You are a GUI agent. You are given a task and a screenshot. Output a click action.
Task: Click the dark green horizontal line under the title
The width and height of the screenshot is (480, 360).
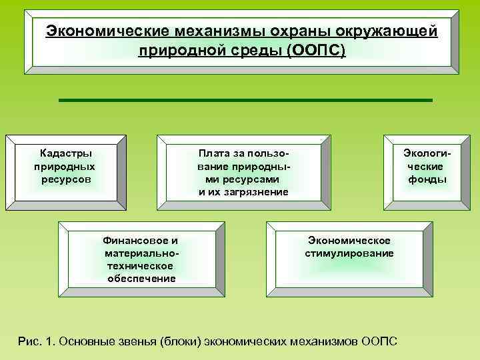(x=245, y=100)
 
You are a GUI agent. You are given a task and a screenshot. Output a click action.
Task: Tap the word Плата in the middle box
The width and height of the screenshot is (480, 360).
(x=213, y=153)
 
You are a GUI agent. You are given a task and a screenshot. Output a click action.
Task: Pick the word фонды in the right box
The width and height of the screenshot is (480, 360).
(x=427, y=179)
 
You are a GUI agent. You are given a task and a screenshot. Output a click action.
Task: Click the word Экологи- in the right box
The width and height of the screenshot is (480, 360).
(x=427, y=153)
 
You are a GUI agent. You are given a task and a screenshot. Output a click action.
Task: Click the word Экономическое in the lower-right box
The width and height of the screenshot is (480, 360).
(x=349, y=240)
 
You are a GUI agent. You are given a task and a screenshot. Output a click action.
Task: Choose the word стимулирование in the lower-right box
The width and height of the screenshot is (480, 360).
(x=349, y=253)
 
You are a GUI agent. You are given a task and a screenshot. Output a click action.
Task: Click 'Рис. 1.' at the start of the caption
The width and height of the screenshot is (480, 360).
(x=37, y=341)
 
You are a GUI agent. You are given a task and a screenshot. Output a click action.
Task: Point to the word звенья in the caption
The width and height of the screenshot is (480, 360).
(x=137, y=341)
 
